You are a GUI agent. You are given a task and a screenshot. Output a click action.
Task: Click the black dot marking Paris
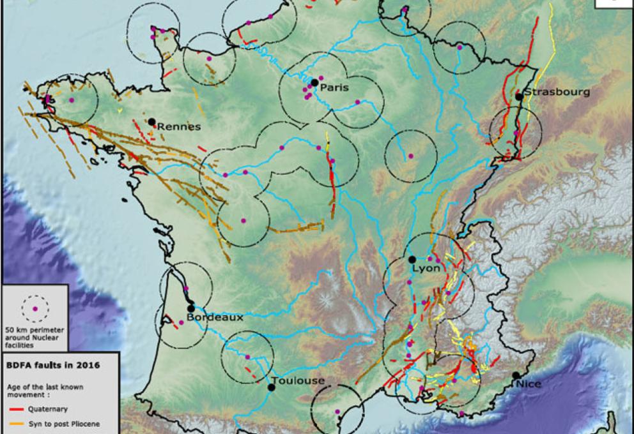pos(314,82)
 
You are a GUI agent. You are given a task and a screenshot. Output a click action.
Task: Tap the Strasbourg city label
pos(557,92)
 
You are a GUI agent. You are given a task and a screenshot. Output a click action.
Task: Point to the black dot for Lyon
pos(413,259)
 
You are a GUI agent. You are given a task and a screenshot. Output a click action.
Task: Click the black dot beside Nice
pos(515,375)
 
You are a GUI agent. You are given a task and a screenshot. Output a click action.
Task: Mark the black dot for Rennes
pos(151,121)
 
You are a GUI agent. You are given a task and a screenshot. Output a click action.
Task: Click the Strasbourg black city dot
pos(518,97)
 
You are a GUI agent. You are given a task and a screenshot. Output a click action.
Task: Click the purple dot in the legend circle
pos(35,308)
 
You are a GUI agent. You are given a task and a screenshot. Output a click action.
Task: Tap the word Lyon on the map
pos(426,269)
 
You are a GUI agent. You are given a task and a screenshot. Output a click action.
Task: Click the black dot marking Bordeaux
pos(190,308)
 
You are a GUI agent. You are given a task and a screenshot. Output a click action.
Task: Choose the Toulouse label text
pos(298,381)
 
